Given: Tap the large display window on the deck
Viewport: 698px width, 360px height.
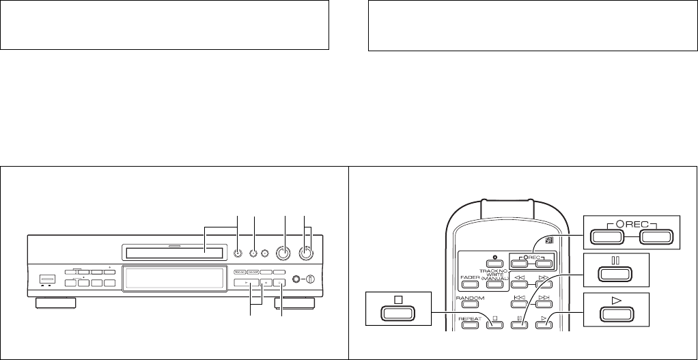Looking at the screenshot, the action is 174,279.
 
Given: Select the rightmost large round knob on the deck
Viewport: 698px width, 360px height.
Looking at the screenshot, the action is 306,253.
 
